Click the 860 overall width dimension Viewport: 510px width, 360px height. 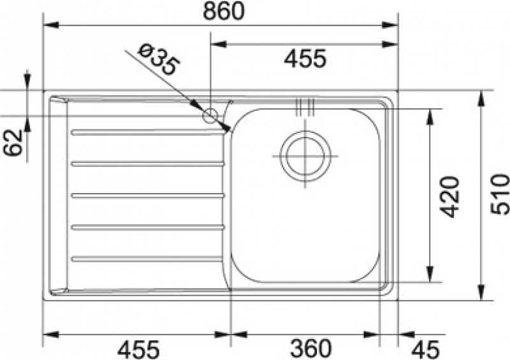point(223,11)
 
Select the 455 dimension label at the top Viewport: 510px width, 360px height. point(305,59)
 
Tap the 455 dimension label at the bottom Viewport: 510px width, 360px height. point(138,350)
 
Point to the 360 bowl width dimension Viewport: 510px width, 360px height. point(310,349)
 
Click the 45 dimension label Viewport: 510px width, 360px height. point(425,350)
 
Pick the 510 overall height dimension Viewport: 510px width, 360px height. point(500,194)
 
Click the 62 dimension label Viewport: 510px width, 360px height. point(13,143)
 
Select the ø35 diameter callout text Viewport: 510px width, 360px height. point(158,60)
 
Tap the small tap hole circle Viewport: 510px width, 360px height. point(210,116)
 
